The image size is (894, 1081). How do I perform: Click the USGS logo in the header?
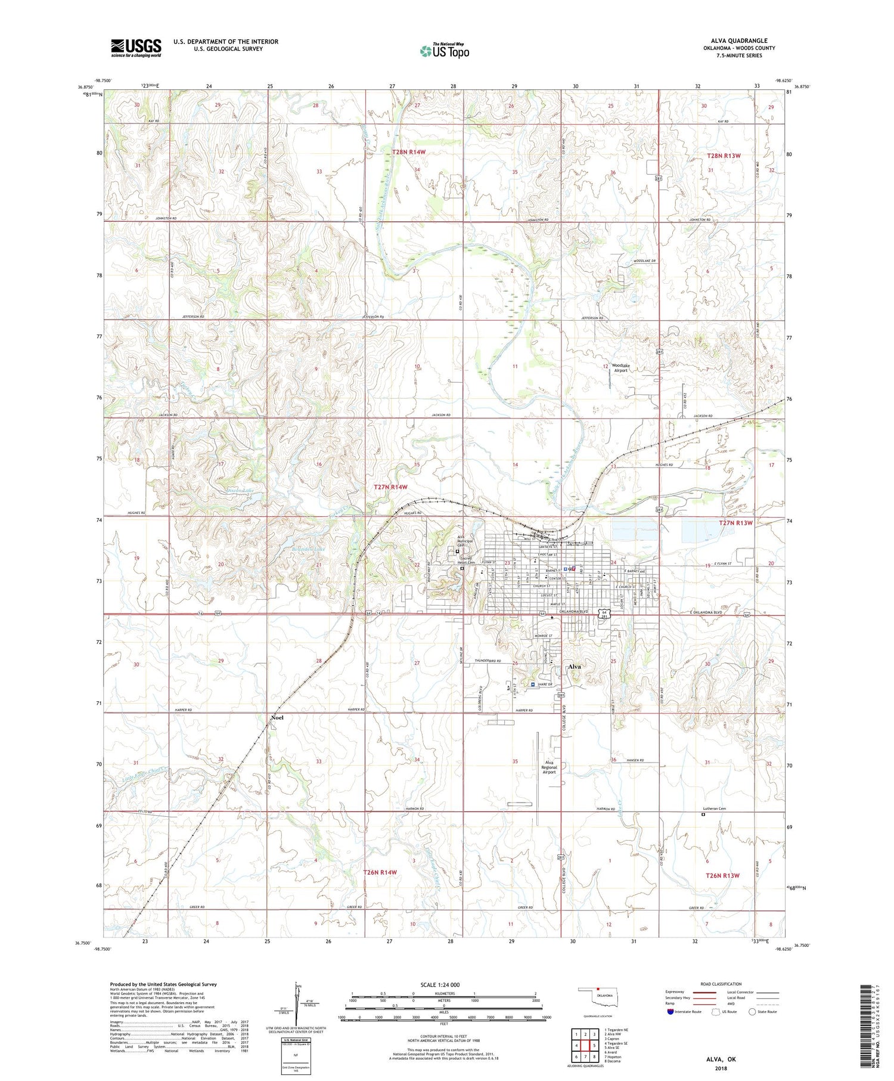click(136, 48)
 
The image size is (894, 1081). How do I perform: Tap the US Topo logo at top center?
click(445, 51)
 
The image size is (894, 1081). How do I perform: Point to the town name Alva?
click(574, 667)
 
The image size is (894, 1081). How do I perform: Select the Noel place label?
click(277, 717)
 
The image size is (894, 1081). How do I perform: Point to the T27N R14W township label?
click(390, 487)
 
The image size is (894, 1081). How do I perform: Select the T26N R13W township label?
click(722, 875)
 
